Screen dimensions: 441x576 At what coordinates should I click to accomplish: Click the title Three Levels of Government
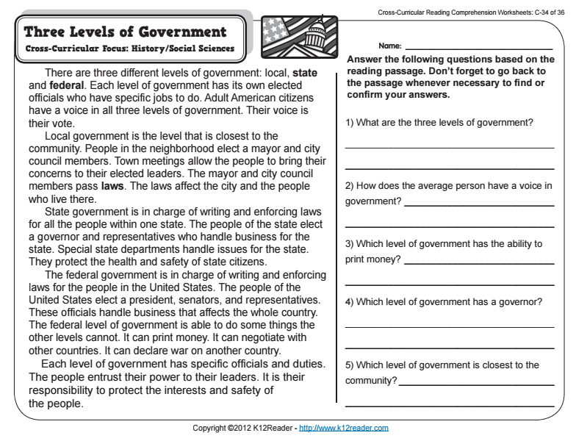click(125, 32)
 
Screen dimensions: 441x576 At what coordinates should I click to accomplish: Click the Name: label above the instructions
click(390, 46)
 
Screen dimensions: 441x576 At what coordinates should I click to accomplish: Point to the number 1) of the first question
click(350, 122)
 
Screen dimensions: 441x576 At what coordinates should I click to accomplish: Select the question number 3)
click(350, 244)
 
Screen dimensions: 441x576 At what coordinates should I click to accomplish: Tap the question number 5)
click(350, 365)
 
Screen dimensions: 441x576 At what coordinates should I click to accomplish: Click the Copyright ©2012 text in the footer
click(220, 428)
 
